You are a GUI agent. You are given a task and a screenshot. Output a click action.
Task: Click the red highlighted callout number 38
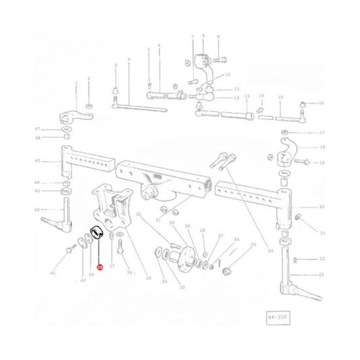pos(99,267)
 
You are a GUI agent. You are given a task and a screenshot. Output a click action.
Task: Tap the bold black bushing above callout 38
pos(97,233)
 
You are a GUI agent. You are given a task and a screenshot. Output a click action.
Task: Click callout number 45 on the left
pos(37,161)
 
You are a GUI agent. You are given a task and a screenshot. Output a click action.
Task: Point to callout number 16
pos(322,103)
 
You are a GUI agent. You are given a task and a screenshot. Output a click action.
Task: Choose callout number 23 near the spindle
pos(322,274)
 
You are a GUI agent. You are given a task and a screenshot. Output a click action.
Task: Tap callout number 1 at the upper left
pos(76,82)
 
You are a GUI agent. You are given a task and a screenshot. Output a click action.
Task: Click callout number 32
pos(138,215)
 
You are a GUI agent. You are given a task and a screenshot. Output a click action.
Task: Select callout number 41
pos(53,272)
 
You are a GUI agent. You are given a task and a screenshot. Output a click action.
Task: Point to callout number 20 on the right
pos(322,207)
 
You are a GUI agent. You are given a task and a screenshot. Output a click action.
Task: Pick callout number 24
pos(270,250)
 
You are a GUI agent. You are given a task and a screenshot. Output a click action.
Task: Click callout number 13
pos(247,96)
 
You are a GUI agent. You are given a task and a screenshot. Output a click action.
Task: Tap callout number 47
pos(38,128)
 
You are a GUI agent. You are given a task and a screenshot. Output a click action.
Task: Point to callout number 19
pos(322,163)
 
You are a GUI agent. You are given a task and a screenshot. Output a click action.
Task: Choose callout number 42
pos(37,210)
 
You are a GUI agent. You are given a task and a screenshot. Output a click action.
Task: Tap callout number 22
pos(322,259)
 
